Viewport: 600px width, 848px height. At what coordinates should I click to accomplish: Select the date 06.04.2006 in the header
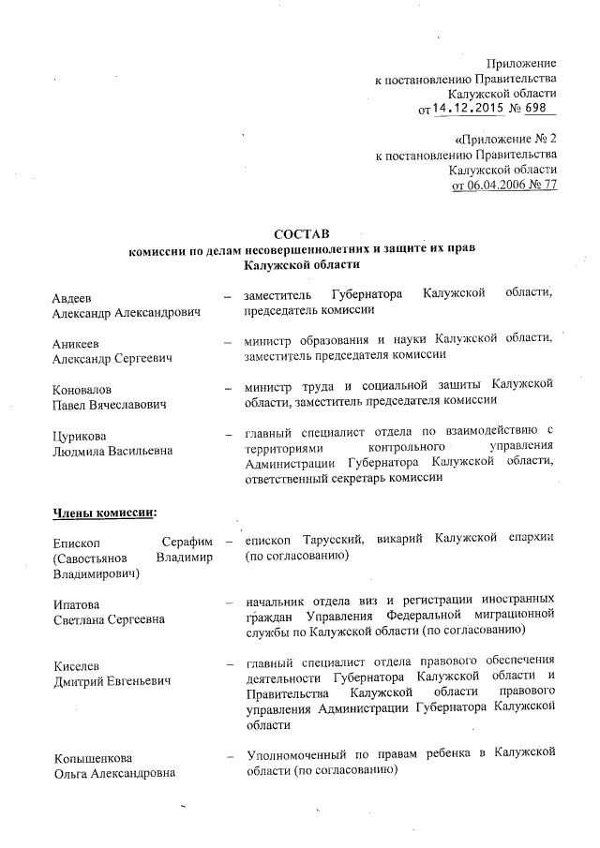point(494,185)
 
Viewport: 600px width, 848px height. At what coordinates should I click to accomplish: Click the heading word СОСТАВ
point(302,233)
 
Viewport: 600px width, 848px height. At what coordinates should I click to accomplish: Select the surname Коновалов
point(82,388)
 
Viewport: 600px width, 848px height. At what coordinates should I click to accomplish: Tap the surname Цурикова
point(79,434)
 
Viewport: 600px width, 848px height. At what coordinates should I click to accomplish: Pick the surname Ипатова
point(76,603)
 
